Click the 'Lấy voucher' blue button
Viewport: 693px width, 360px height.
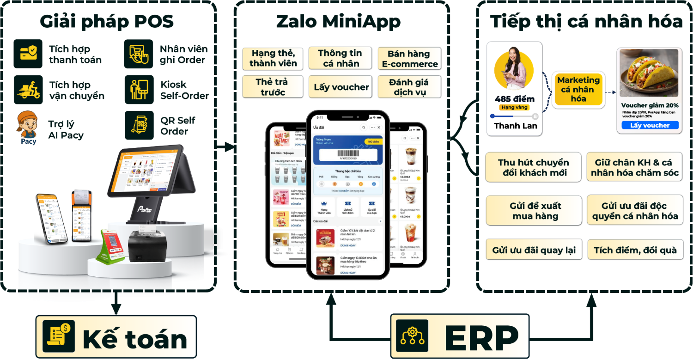point(650,125)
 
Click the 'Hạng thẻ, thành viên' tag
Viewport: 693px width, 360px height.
point(273,58)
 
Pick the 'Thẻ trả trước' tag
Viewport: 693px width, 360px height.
point(273,87)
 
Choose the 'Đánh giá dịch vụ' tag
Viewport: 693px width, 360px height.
point(409,87)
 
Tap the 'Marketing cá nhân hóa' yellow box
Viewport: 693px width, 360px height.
point(578,89)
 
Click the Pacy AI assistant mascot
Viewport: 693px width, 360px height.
point(28,127)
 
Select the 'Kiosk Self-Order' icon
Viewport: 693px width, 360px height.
point(139,90)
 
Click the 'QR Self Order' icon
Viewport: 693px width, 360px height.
point(139,126)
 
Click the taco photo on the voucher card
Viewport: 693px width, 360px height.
point(649,73)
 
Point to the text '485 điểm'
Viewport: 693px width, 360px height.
point(514,99)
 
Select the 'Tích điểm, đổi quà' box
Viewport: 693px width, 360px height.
point(635,250)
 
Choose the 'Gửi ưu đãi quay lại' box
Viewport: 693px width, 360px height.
point(534,250)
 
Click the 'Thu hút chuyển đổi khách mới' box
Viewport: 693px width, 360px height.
point(533,168)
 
